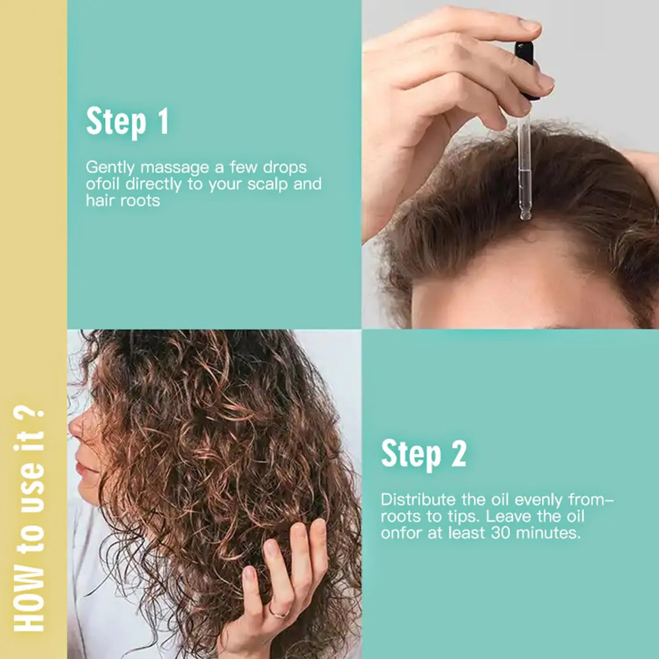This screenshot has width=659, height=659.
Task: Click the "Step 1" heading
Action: click(127, 122)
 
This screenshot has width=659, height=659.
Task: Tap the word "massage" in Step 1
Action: click(175, 167)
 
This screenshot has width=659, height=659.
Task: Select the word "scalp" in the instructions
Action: click(267, 184)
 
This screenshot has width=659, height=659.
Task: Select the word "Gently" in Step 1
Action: click(110, 167)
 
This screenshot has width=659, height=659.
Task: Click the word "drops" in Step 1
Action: click(285, 167)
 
